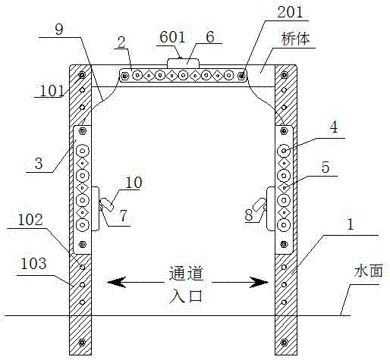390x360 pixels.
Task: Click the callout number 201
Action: (290, 12)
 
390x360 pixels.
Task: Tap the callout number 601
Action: (172, 37)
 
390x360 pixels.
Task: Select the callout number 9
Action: (59, 30)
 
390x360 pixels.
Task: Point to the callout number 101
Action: (52, 91)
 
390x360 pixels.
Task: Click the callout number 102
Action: (30, 220)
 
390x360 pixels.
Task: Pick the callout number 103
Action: (33, 263)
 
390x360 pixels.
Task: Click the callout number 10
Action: (134, 183)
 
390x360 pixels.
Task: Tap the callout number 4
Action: (334, 127)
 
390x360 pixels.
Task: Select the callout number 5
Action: (326, 167)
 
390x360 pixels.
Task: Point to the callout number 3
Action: (39, 163)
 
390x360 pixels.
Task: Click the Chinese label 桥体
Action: (295, 39)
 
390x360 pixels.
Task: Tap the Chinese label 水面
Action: (368, 271)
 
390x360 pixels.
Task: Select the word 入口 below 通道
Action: (186, 296)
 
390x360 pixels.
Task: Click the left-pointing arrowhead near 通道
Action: (116, 282)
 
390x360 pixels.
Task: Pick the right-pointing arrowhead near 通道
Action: (259, 282)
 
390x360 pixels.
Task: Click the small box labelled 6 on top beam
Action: (183, 63)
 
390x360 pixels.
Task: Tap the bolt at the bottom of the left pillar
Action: (81, 343)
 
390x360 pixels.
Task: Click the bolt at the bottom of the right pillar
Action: (284, 343)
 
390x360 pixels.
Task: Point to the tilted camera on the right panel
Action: (259, 205)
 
